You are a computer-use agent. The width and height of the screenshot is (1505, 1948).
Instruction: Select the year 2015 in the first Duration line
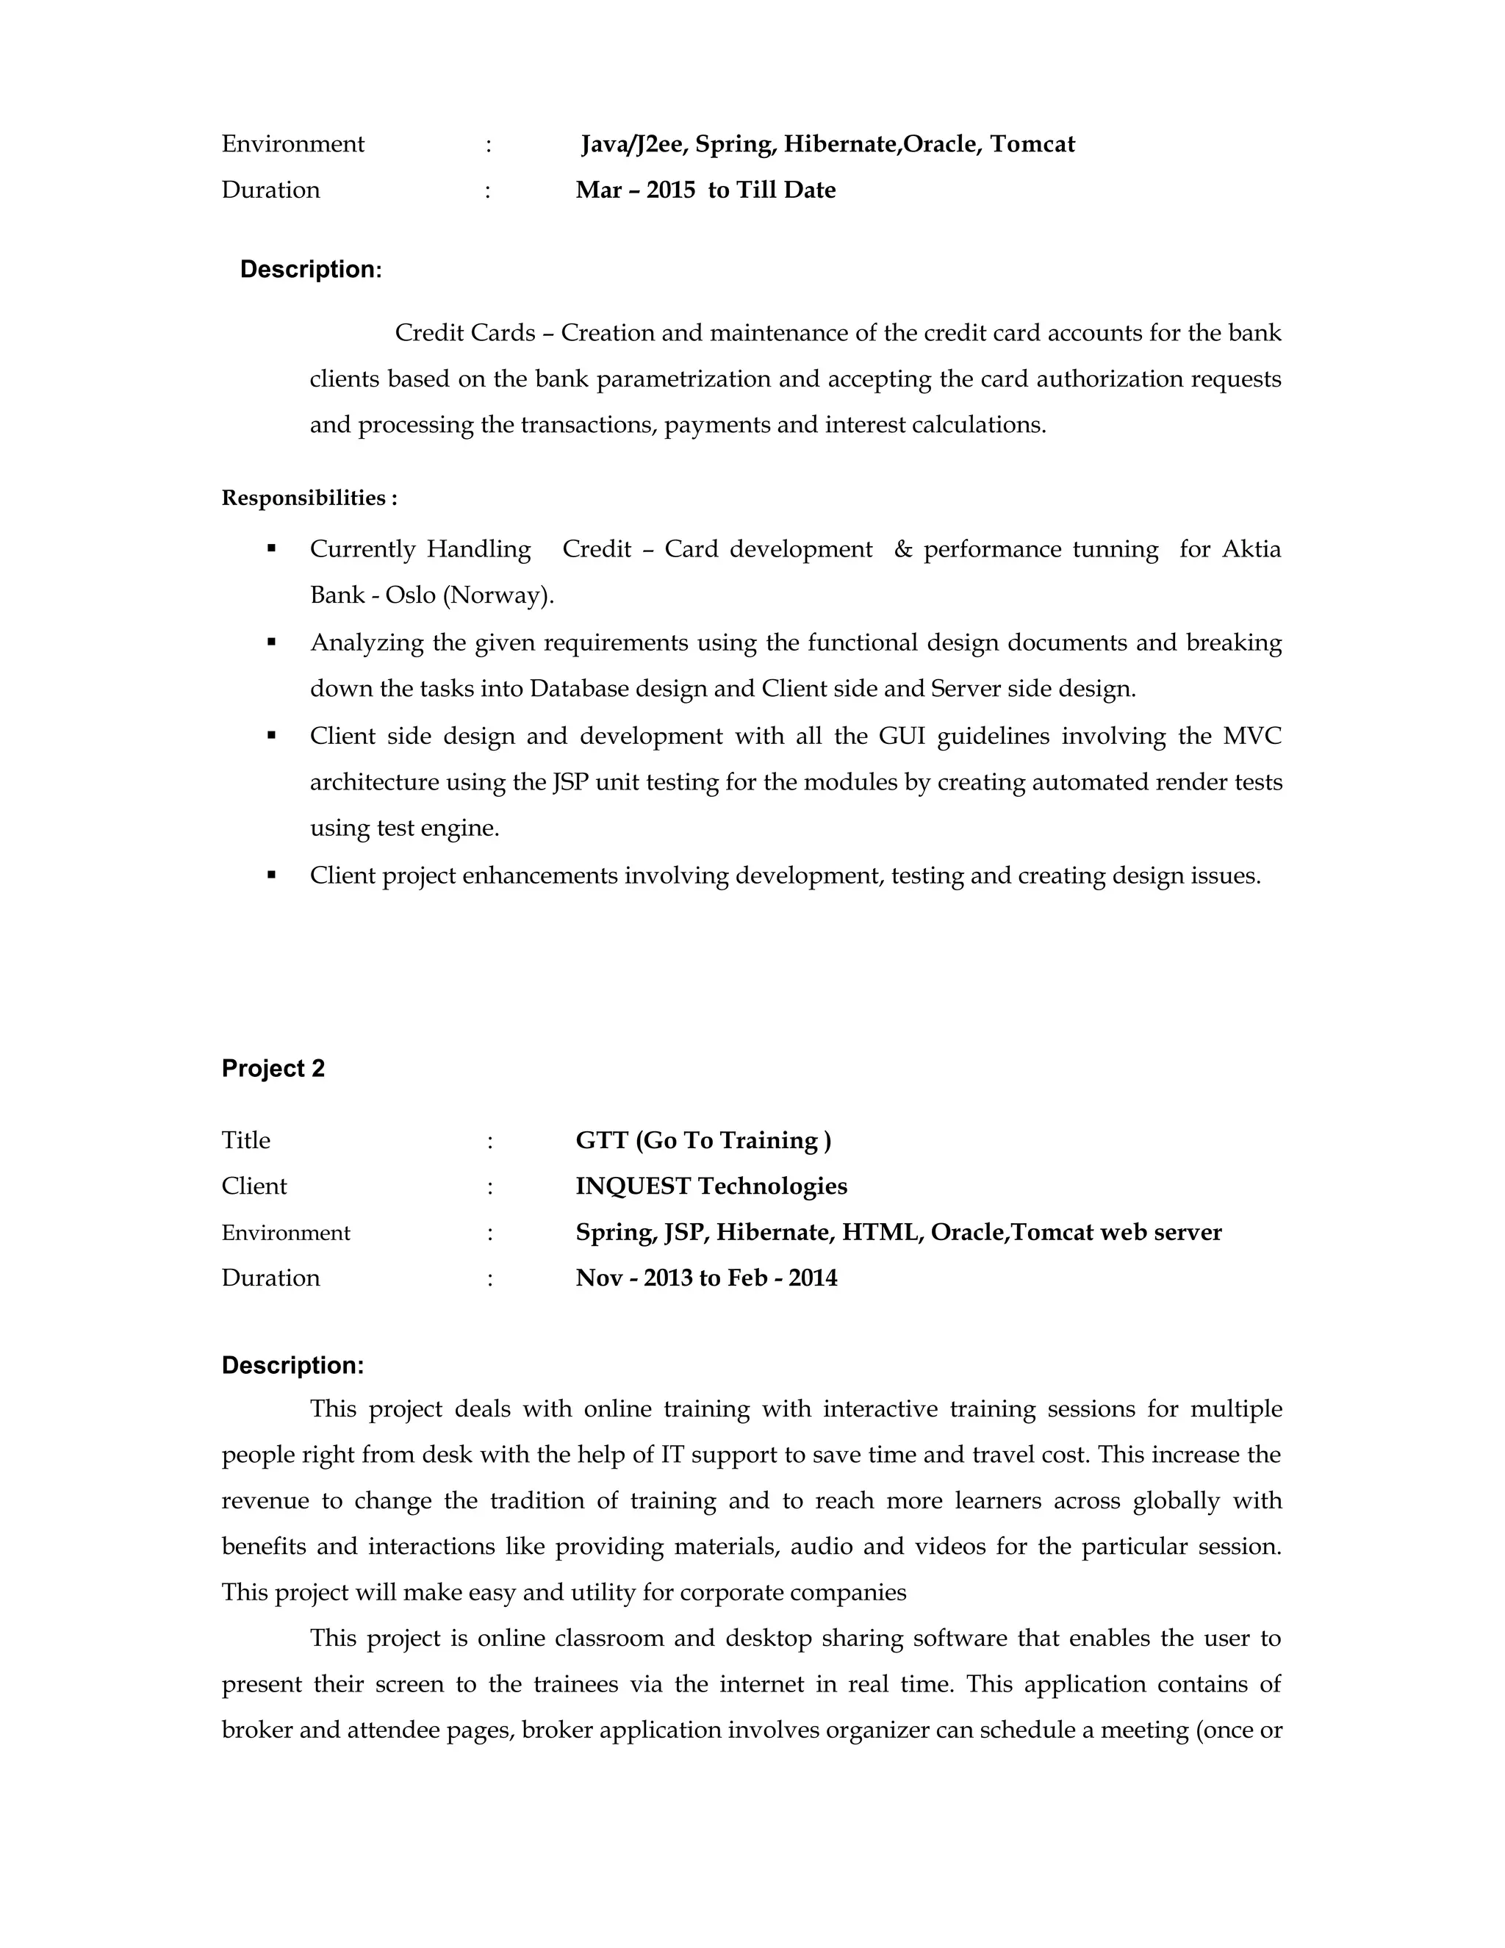tap(670, 190)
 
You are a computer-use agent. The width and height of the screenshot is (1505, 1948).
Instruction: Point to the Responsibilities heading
tap(309, 498)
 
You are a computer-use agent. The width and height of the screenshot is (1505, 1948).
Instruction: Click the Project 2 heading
tap(273, 1069)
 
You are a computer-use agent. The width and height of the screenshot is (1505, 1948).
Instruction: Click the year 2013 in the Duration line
tap(668, 1278)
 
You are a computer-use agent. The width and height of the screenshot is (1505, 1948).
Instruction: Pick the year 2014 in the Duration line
tap(812, 1278)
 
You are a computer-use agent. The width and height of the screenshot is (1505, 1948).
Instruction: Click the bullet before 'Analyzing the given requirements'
tap(272, 642)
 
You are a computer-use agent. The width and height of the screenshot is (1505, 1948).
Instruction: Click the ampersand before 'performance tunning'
tap(903, 549)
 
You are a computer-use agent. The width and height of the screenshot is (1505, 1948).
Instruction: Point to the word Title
tap(246, 1141)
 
